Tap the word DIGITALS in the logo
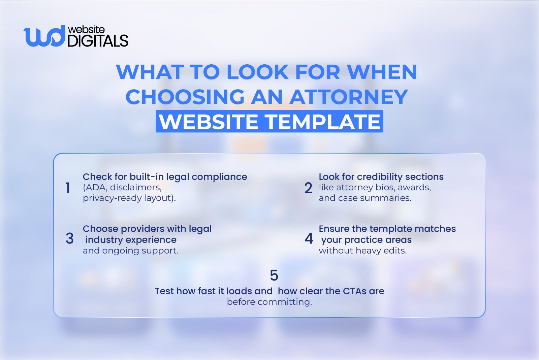98,41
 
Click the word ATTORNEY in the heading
349,97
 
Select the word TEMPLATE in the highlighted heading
323,122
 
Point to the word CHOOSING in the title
185,97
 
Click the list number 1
68,188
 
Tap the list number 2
308,188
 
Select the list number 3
70,239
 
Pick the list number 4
309,239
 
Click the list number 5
274,275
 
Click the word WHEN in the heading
382,72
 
